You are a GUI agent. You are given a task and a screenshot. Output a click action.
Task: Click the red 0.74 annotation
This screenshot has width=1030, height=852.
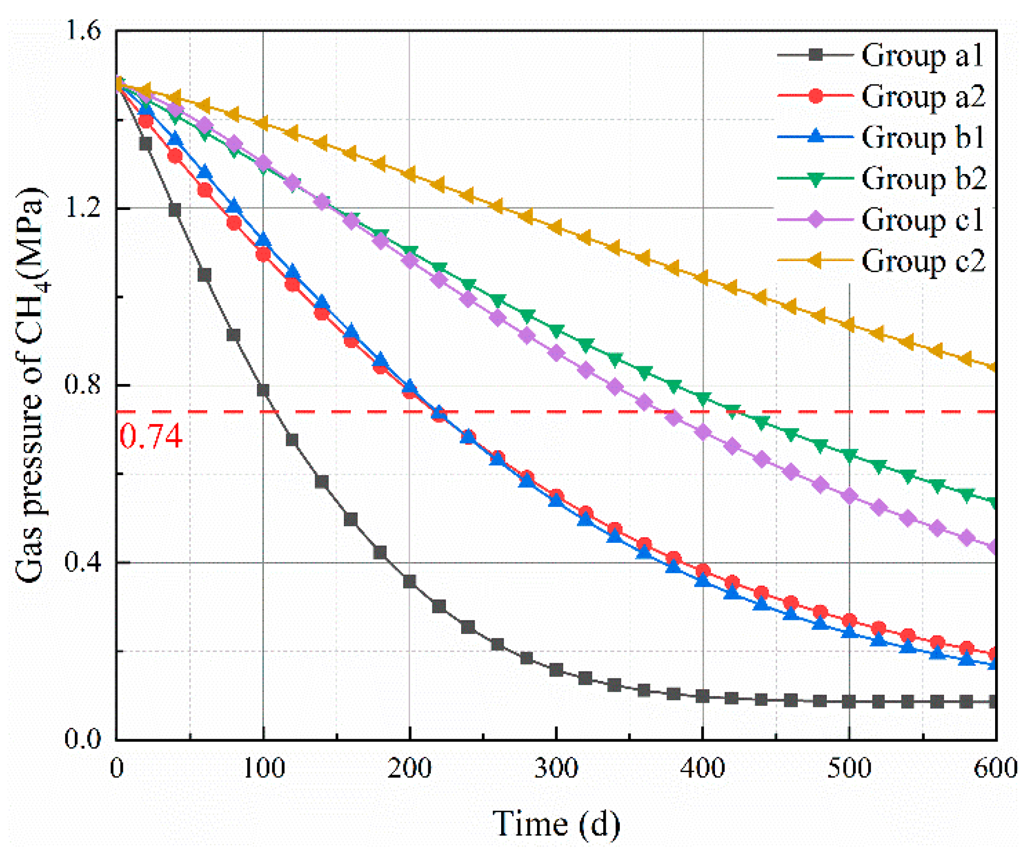[151, 436]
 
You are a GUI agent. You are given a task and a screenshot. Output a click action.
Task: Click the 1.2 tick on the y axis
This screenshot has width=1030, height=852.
[83, 208]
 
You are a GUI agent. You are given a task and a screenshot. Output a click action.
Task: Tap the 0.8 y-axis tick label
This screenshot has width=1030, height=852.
[83, 385]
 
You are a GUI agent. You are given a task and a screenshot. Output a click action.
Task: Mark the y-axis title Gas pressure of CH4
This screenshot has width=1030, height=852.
[30, 385]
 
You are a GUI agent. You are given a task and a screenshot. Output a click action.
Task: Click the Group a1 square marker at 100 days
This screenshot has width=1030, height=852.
[263, 390]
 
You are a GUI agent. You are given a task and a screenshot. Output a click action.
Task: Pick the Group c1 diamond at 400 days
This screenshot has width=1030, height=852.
[703, 433]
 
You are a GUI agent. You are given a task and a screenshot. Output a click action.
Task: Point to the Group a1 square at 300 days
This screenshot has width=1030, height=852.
[556, 670]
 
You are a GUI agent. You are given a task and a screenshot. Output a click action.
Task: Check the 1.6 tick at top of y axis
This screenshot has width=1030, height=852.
[83, 31]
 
